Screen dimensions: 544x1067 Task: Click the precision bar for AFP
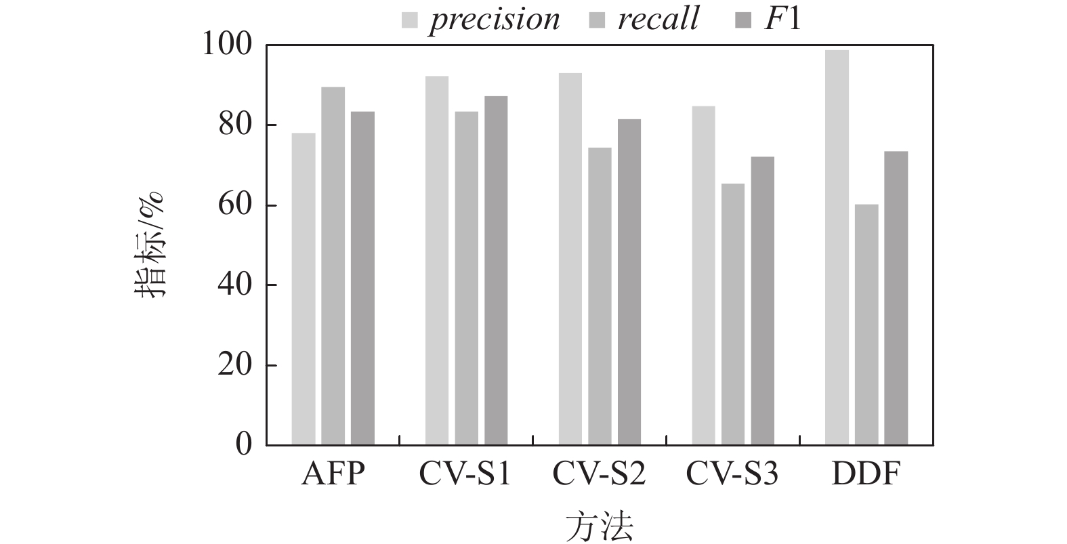click(304, 289)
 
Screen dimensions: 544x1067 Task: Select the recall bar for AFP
click(333, 266)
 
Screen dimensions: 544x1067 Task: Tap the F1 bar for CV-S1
click(496, 271)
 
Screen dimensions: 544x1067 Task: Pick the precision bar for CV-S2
click(570, 259)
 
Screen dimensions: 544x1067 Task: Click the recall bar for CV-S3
click(733, 314)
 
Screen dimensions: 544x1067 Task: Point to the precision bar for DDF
click(837, 248)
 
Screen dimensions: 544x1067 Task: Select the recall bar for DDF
click(866, 325)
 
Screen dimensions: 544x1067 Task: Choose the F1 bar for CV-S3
click(762, 301)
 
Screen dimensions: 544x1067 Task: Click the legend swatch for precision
click(409, 20)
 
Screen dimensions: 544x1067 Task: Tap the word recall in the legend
click(657, 19)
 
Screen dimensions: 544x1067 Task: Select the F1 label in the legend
click(782, 19)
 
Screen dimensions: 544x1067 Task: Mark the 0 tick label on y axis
click(243, 445)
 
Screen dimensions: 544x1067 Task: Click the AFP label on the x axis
click(333, 475)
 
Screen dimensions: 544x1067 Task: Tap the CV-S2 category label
click(600, 475)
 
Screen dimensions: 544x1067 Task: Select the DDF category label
click(866, 475)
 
